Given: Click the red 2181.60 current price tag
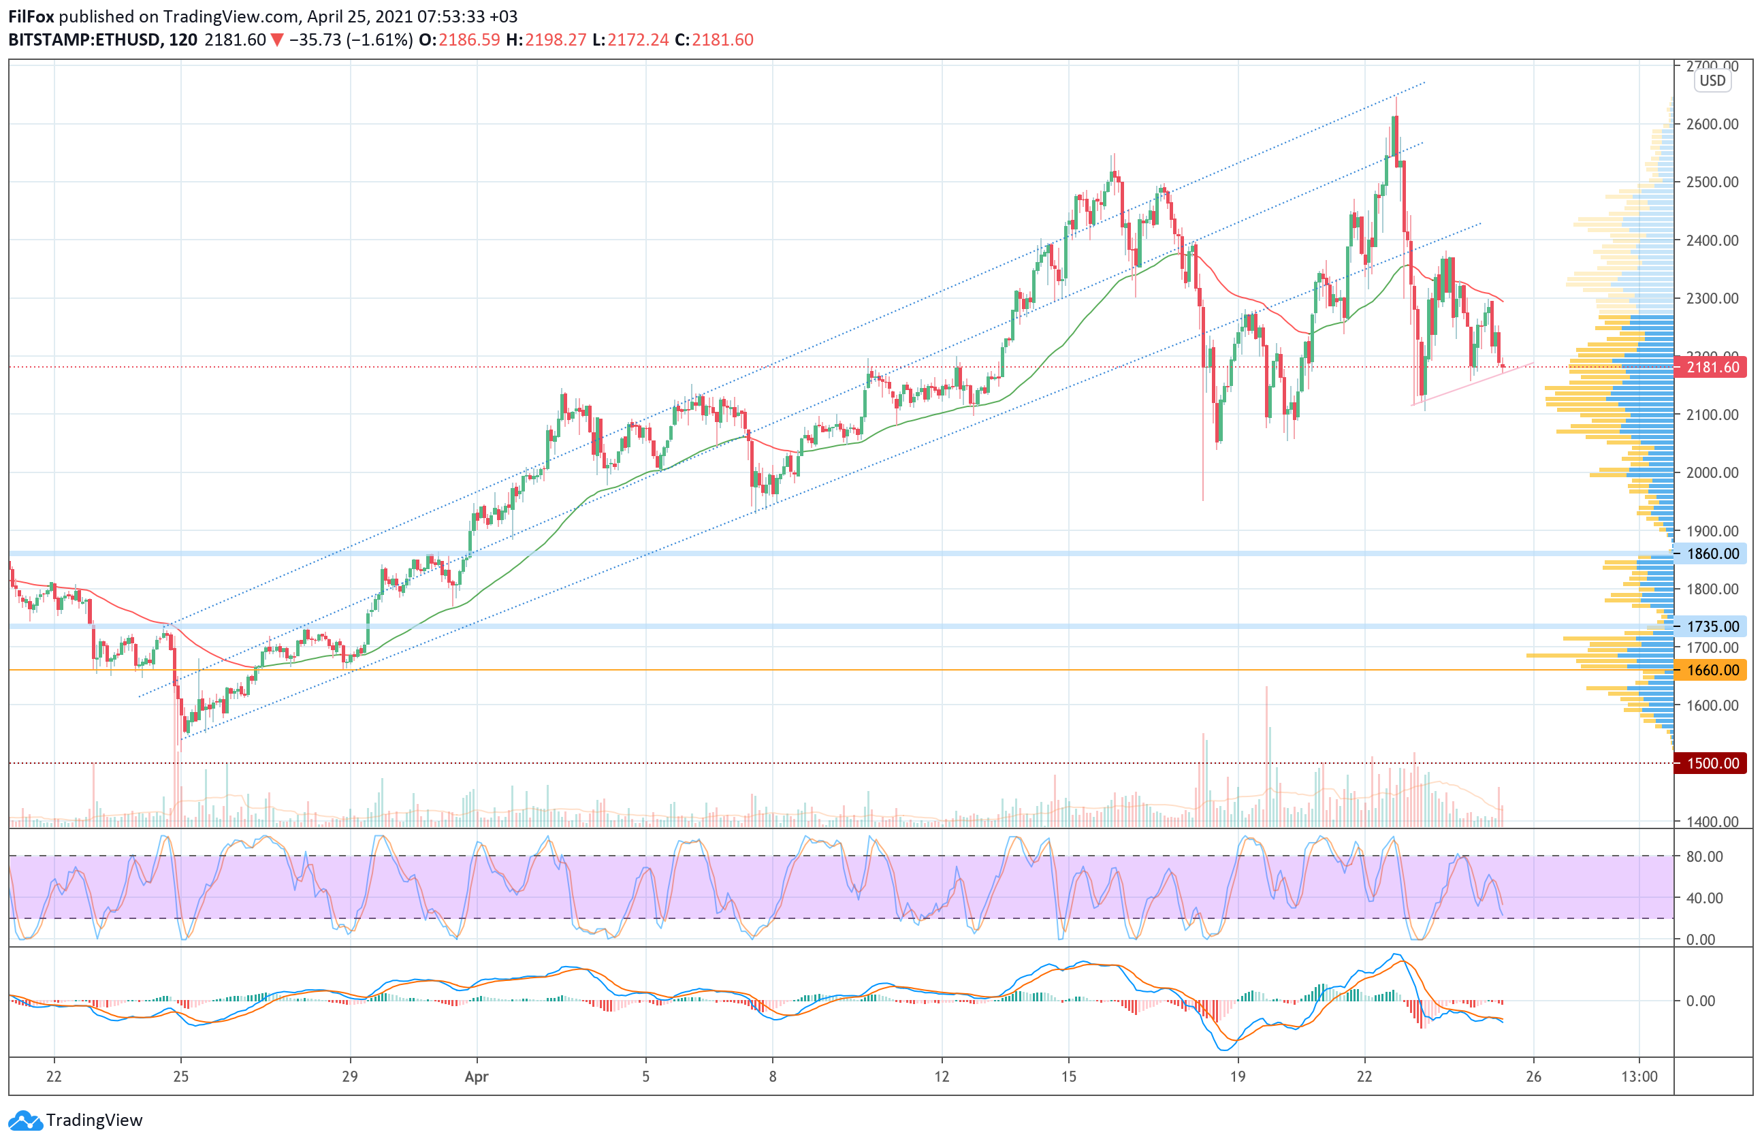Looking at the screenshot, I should tap(1712, 367).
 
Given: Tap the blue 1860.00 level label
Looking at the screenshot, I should tap(1712, 553).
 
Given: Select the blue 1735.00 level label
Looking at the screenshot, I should tap(1712, 626).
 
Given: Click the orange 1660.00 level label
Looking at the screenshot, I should tap(1712, 671).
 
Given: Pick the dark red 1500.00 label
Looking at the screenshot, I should tap(1712, 763).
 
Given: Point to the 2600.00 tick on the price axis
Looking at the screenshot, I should tap(1712, 125).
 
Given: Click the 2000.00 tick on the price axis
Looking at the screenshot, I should tap(1712, 473).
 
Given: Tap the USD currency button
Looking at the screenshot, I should tap(1712, 81).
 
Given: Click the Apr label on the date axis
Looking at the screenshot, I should tap(476, 1077).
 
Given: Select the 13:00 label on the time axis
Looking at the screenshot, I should tap(1639, 1077).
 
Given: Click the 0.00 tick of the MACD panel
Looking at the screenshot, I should tap(1701, 1001).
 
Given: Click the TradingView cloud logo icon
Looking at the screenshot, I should tap(26, 1120).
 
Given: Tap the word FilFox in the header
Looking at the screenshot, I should tap(31, 16).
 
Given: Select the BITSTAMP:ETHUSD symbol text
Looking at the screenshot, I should tap(84, 40).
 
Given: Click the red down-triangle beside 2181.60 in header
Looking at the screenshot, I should tap(277, 40).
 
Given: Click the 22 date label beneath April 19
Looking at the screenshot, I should tap(1364, 1077).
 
